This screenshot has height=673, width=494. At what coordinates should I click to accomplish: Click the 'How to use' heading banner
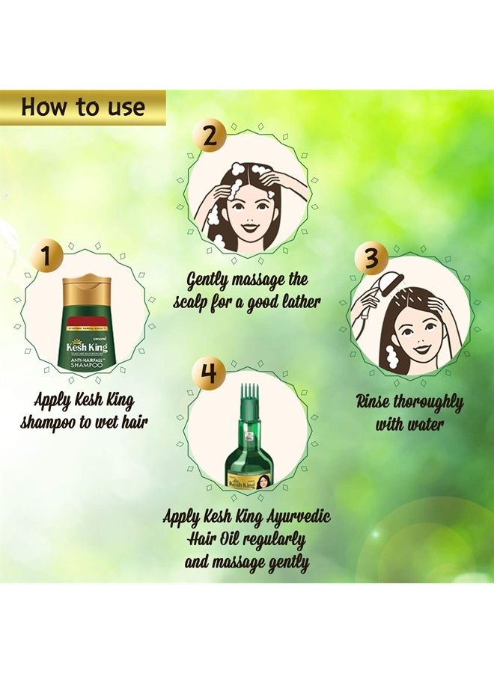(82, 107)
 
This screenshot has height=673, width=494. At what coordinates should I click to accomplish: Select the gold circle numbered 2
(211, 136)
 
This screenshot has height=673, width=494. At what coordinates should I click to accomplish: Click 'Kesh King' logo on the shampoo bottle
(88, 347)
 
